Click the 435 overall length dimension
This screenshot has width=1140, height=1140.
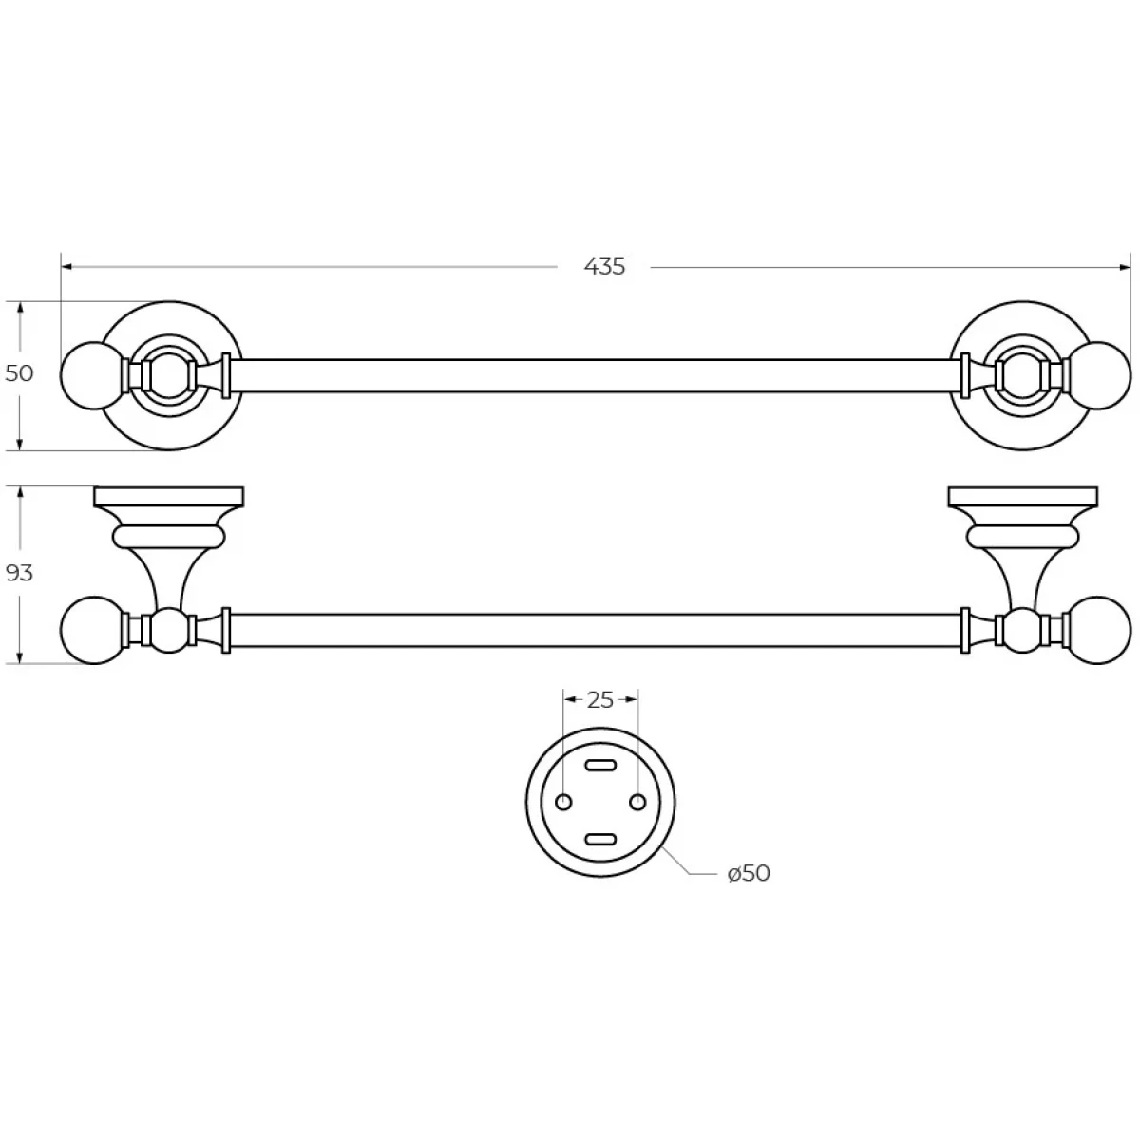click(x=604, y=267)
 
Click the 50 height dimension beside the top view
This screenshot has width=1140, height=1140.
click(x=19, y=373)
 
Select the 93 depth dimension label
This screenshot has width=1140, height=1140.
click(x=19, y=573)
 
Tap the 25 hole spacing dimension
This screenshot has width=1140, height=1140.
click(x=599, y=700)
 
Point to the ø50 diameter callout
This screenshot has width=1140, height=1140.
click(x=749, y=873)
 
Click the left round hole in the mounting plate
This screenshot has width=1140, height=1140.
click(x=563, y=802)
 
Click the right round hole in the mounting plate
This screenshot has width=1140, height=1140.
click(x=637, y=802)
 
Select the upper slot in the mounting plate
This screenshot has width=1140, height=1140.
click(x=600, y=766)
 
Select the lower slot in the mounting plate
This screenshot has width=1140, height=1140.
click(x=600, y=839)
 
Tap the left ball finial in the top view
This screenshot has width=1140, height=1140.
click(x=93, y=375)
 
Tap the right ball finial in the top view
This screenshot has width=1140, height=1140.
click(x=1098, y=375)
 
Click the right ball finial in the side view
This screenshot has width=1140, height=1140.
click(x=1097, y=630)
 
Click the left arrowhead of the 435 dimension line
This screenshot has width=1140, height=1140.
click(x=66, y=267)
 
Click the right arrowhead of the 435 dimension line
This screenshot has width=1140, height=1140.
click(x=1125, y=267)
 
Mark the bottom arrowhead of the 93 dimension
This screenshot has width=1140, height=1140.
click(x=20, y=657)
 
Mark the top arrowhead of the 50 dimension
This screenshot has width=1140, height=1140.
click(x=20, y=308)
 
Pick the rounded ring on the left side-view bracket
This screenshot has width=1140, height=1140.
click(x=168, y=537)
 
